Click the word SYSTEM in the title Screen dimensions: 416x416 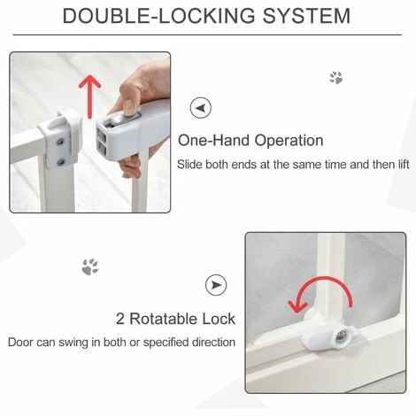(306, 16)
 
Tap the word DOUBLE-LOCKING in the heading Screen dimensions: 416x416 (158, 16)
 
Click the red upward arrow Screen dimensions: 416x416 (90, 96)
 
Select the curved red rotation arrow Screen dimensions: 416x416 (320, 292)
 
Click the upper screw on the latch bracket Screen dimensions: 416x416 (61, 142)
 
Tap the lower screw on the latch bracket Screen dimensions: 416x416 (61, 162)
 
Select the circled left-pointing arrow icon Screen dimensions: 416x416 (201, 108)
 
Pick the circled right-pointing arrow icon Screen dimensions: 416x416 (216, 285)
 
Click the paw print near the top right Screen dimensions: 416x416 (336, 78)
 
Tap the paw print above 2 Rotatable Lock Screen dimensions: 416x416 (90, 267)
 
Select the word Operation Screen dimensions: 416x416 (289, 141)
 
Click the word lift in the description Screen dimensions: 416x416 (404, 164)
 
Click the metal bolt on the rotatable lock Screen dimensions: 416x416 (340, 337)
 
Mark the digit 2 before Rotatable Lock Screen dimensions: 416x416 (120, 319)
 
